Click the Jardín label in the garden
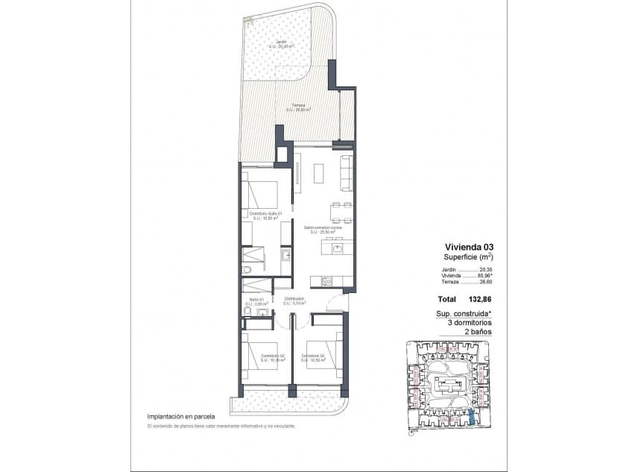(280, 42)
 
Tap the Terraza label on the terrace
(298, 106)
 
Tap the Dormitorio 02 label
(273, 356)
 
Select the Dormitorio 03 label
(313, 356)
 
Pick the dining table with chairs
(341, 212)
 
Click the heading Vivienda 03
(469, 247)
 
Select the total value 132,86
(481, 299)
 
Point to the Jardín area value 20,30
(488, 269)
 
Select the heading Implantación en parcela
(181, 416)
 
